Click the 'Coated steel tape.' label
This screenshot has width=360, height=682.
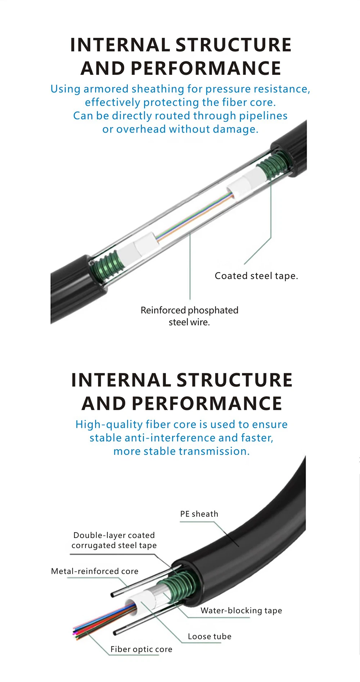coord(256,276)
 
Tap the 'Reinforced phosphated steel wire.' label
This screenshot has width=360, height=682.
coord(189,316)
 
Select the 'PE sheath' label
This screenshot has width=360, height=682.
coord(199,514)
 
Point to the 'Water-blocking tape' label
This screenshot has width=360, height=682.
coord(241,610)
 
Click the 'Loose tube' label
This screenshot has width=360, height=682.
coord(210,636)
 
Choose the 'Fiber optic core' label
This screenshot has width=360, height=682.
coord(141,649)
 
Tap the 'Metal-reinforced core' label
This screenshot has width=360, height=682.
coord(95,571)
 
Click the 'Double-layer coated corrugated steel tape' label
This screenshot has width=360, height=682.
coord(114,540)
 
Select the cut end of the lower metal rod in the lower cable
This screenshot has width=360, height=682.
coord(116,632)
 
